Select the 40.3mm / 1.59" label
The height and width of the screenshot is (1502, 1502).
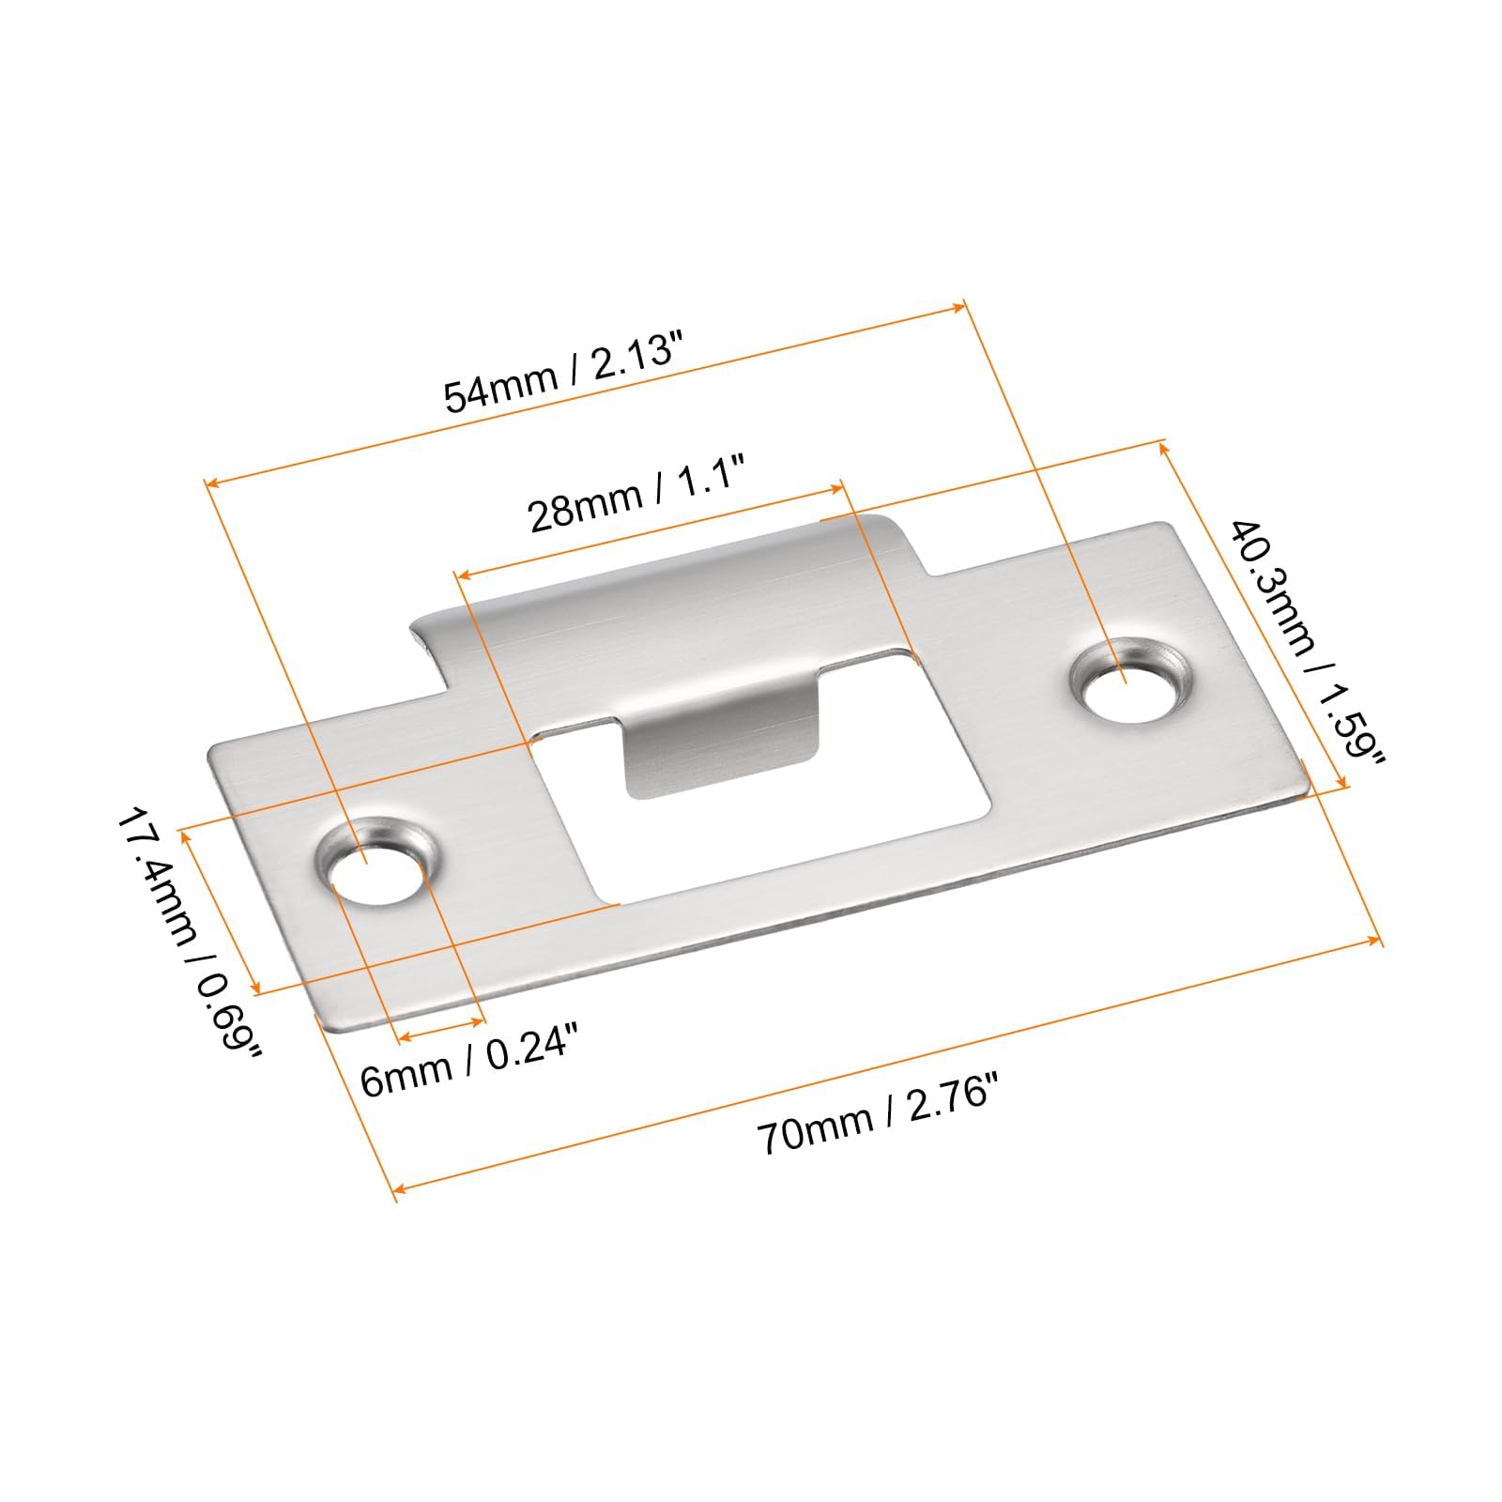(x=1306, y=642)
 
